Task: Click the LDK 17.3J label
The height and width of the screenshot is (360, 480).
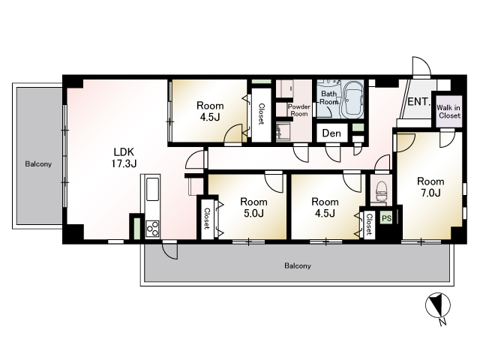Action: (x=124, y=157)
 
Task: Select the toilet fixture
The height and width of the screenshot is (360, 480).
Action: (x=382, y=191)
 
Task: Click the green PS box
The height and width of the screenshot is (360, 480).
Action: (x=387, y=218)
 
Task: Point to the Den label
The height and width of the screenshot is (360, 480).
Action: (x=331, y=133)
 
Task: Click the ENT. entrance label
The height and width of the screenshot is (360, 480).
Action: (x=419, y=101)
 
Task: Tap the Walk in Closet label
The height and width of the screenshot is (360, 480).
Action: (x=448, y=112)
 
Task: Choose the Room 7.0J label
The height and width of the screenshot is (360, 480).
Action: (x=430, y=187)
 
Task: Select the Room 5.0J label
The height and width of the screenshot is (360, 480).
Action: (x=253, y=207)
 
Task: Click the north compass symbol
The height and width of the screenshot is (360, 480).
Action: (x=438, y=305)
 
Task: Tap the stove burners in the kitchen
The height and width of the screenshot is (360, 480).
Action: (x=152, y=228)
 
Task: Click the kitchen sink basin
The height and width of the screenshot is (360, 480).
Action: (x=153, y=189)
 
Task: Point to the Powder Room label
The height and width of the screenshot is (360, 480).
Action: (x=298, y=110)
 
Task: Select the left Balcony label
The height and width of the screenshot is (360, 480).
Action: (x=38, y=164)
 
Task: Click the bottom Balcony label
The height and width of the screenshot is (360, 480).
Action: (x=298, y=265)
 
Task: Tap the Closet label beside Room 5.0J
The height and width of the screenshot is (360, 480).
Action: (x=207, y=218)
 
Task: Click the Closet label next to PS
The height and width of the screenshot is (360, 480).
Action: (x=370, y=224)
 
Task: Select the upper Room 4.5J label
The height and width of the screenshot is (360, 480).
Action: (x=210, y=111)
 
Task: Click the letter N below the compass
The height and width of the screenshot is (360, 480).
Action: (x=442, y=322)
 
